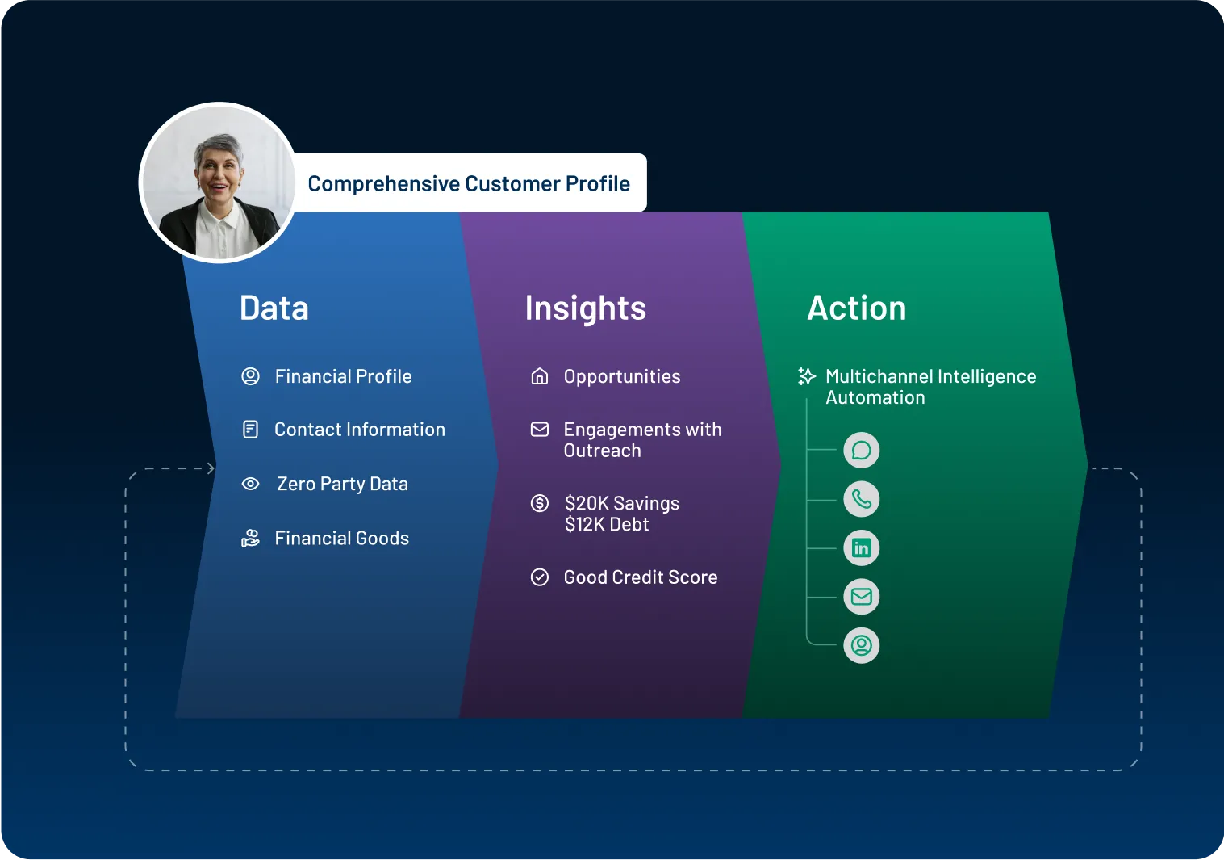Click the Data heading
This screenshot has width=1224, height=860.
point(274,308)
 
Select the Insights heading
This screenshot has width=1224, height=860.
point(585,308)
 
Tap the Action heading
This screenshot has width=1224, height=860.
point(857,308)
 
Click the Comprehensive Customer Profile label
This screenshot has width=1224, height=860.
point(469,184)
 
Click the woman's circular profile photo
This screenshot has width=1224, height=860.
point(218,182)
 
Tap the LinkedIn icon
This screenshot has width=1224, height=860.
point(862,548)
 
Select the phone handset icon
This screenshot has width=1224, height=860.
point(862,499)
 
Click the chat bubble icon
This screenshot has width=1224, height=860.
point(862,451)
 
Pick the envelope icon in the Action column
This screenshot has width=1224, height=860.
point(862,597)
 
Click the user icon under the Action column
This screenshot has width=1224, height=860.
point(862,646)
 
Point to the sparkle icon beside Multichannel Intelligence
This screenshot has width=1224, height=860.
point(806,376)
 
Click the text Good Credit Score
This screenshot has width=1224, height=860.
point(641,577)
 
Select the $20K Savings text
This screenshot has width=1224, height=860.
point(622,503)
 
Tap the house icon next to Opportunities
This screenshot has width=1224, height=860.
point(540,376)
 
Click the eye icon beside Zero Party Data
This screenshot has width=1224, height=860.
point(251,484)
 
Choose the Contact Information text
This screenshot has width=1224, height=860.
point(360,430)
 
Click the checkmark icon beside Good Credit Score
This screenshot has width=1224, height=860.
point(540,577)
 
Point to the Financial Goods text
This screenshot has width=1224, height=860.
point(342,538)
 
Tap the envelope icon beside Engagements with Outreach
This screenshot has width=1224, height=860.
point(540,430)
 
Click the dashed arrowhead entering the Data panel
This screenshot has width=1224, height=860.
point(211,468)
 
